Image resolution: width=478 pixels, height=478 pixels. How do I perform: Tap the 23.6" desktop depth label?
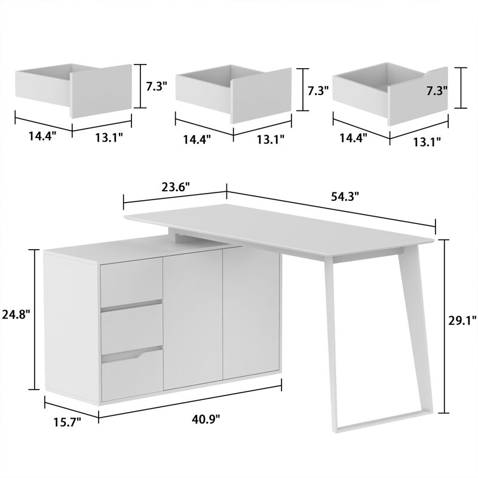176,186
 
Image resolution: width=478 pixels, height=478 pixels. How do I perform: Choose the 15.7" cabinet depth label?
67,422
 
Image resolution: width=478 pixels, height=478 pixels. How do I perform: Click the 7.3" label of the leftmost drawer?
157,85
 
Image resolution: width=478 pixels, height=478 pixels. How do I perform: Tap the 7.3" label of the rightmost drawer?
437,91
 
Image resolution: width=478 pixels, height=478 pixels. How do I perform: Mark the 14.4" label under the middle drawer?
198,140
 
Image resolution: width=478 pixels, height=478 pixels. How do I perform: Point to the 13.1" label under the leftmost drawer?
108,137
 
